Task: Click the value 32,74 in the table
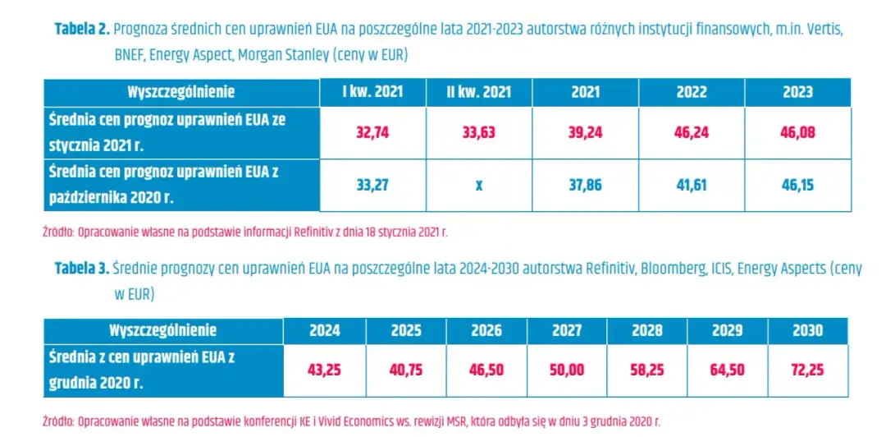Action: point(372,132)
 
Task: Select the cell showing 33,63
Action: point(478,132)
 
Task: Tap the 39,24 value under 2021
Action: point(585,132)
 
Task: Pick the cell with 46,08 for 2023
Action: point(797,132)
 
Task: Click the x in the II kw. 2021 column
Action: point(478,185)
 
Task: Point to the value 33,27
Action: point(372,185)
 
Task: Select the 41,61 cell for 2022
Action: point(692,185)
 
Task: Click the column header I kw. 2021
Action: point(372,92)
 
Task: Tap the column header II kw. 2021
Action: point(478,92)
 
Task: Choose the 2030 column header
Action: point(808,330)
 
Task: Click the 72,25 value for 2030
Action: point(808,370)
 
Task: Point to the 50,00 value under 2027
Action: point(567,370)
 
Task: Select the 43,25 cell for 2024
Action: point(324,370)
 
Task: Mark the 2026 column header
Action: point(486,330)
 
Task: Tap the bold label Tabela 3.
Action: point(82,268)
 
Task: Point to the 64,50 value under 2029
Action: point(728,370)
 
